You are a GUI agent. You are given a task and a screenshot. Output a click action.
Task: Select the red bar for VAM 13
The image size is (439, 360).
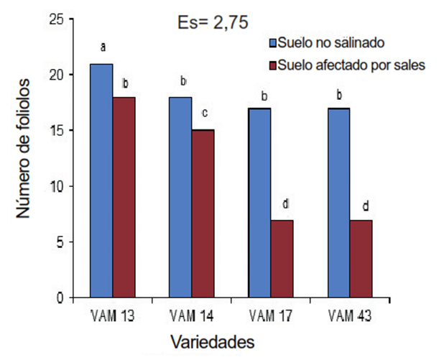coord(124,198)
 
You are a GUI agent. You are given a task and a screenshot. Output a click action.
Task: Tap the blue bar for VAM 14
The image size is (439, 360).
coord(180,198)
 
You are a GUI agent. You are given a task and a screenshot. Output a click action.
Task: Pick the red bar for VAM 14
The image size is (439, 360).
coord(203,214)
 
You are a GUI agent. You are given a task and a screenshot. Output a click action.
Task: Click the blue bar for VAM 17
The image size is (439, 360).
coord(260,203)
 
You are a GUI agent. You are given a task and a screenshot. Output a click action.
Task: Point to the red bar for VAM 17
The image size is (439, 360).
coord(282,259)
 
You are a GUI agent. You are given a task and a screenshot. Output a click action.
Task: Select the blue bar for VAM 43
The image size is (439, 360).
coord(338,203)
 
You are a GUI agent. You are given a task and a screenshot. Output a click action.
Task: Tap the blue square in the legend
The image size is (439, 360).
coord(272,42)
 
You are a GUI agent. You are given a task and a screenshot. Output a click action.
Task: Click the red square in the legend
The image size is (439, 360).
coord(272,65)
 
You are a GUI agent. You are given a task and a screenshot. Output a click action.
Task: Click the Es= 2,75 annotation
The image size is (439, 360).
coord(212,22)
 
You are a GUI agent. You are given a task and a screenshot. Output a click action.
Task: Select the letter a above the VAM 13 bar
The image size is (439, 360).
coord(103,47)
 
